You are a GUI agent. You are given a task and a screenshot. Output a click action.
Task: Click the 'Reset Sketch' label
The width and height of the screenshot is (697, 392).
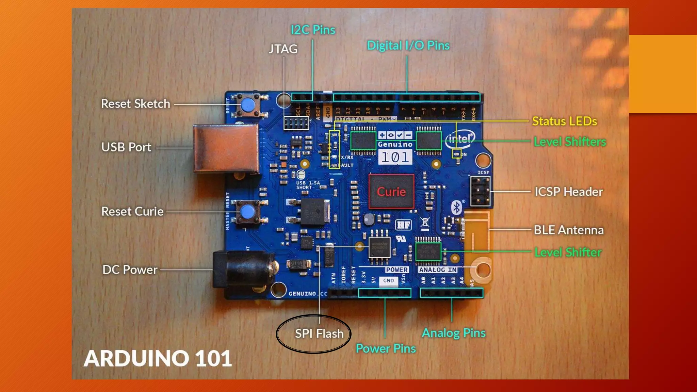(135, 104)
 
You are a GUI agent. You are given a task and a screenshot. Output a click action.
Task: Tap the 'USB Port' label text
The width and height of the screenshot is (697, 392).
(126, 147)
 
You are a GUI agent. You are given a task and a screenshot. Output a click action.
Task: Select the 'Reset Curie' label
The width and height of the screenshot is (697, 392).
(132, 212)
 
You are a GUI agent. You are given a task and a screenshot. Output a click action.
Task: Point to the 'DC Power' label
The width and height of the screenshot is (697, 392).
(130, 270)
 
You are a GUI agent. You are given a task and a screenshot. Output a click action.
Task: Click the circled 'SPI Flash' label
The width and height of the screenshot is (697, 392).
(319, 334)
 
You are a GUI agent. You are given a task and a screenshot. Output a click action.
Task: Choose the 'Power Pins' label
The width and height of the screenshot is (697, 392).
(386, 348)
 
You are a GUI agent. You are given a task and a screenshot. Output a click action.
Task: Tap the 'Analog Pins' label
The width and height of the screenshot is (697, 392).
(454, 333)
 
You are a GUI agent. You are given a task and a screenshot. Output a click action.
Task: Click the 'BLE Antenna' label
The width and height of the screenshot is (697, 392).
(568, 230)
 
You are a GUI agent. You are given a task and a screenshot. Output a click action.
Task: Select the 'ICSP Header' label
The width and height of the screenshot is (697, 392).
(568, 192)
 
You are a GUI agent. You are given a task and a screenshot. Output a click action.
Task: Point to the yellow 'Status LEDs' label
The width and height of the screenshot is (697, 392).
(564, 121)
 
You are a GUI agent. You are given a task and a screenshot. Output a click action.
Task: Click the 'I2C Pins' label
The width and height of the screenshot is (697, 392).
(313, 30)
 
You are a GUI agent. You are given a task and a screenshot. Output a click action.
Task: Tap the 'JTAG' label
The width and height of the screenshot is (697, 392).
(283, 49)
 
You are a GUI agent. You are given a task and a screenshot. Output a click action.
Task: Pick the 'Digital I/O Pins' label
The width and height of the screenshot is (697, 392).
(408, 46)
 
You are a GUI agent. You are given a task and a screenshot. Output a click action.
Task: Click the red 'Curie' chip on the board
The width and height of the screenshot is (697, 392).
(391, 192)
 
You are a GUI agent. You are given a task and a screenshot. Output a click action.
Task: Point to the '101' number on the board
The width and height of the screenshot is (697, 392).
(395, 157)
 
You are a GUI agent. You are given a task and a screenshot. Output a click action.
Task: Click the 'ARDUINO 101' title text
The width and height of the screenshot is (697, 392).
(158, 359)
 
